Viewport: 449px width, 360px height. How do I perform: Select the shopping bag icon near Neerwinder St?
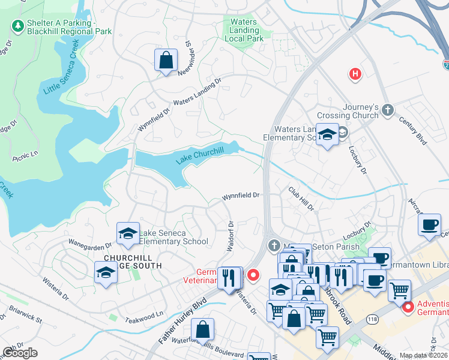pyautogui.click(x=166, y=61)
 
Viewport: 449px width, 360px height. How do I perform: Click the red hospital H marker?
pyautogui.click(x=355, y=74)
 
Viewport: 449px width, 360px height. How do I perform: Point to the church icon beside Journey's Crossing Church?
pyautogui.click(x=388, y=110)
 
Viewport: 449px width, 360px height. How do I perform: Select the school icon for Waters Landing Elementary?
pyautogui.click(x=327, y=136)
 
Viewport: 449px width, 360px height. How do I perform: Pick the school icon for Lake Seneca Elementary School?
pyautogui.click(x=128, y=235)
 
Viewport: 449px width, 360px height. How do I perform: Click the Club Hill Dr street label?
pyautogui.click(x=301, y=199)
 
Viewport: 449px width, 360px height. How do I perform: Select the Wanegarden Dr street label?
pyautogui.click(x=90, y=245)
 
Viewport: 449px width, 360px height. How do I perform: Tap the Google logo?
pyautogui.click(x=20, y=353)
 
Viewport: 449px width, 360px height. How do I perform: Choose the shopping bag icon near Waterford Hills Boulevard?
pyautogui.click(x=203, y=329)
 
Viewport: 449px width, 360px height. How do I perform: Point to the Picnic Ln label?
pyautogui.click(x=25, y=156)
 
